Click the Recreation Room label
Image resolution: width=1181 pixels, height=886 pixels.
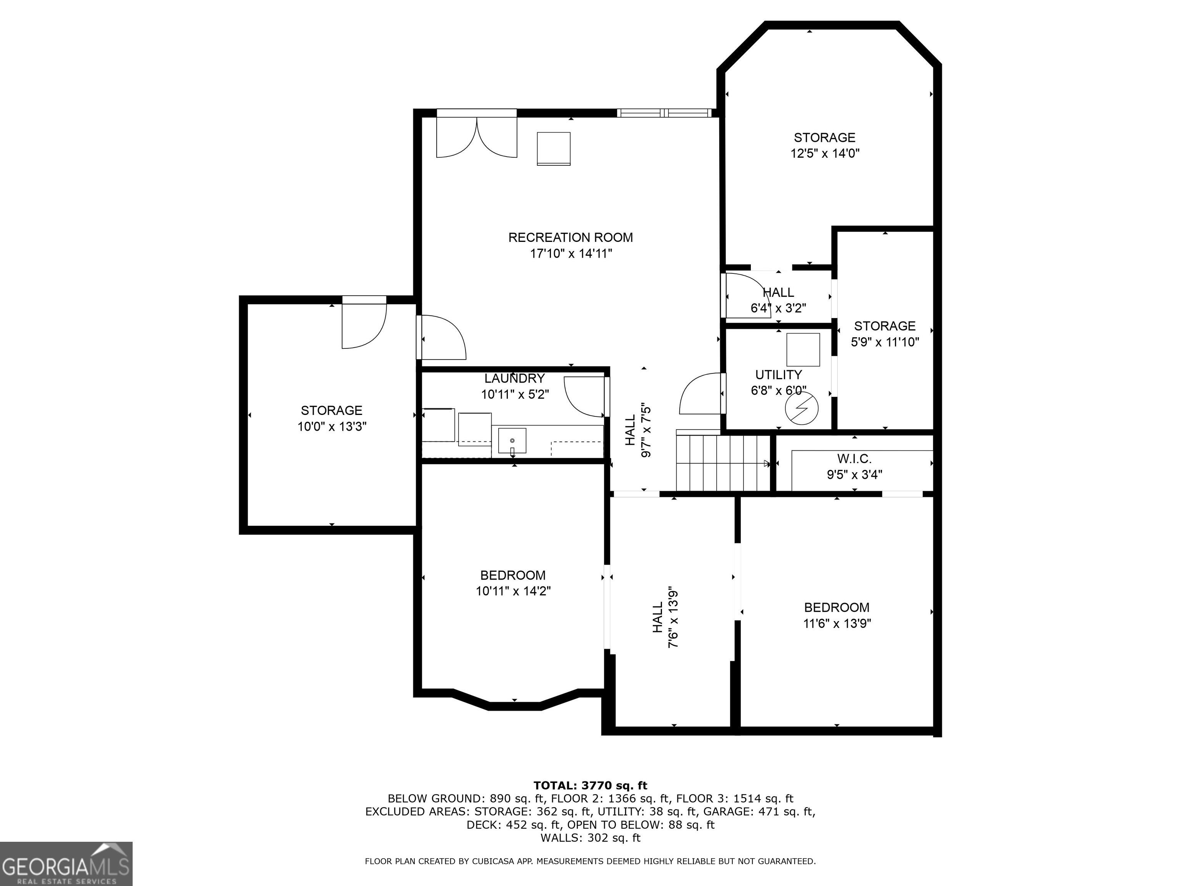(x=570, y=237)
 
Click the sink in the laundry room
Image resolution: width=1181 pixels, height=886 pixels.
(x=512, y=441)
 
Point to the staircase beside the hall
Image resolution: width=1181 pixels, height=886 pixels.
(x=722, y=463)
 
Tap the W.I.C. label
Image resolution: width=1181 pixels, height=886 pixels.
(x=854, y=459)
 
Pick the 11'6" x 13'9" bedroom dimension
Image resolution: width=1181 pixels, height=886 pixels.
(x=837, y=623)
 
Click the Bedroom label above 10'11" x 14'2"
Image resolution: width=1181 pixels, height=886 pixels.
(x=512, y=575)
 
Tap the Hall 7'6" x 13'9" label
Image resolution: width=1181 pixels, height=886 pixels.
(x=665, y=618)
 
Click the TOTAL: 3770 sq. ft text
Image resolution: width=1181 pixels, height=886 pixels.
(x=590, y=785)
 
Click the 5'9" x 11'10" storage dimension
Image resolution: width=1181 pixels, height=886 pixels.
(x=885, y=342)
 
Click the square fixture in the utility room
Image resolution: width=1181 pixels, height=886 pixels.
(x=802, y=349)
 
